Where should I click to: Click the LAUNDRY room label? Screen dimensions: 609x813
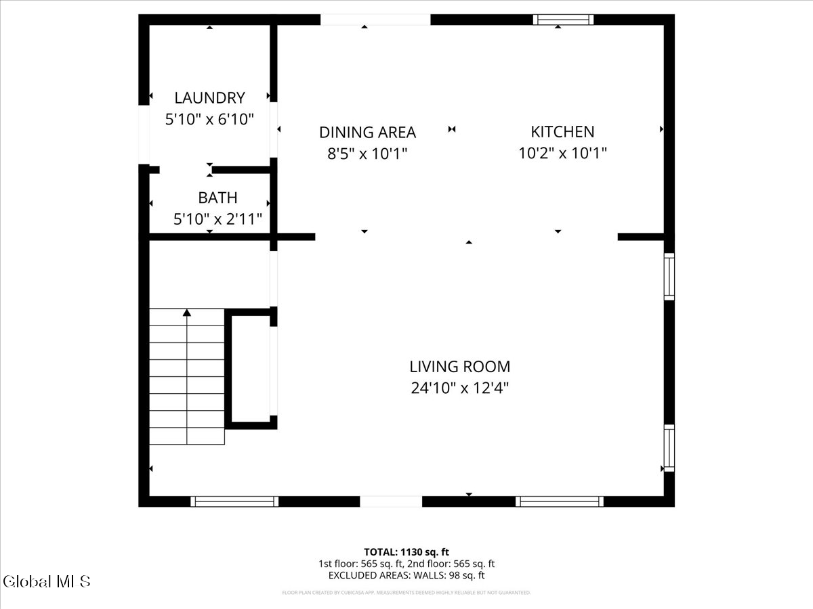[x=209, y=97]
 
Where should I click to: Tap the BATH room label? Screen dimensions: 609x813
[x=217, y=198]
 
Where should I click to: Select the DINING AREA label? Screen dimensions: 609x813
[x=367, y=132]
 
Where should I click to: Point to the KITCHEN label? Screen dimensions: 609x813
[x=562, y=131]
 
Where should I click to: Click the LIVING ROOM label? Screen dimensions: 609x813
[x=459, y=367]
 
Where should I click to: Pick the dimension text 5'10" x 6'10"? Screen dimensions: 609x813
[x=209, y=120]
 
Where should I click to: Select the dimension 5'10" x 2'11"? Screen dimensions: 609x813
[x=217, y=219]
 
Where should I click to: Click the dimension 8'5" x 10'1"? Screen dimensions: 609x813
[x=367, y=154]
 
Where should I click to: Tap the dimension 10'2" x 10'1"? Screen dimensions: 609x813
[x=562, y=153]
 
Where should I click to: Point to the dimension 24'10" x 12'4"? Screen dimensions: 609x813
[x=459, y=388]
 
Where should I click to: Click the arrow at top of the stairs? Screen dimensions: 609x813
[x=187, y=313]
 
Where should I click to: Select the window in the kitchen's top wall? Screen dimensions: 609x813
[x=563, y=20]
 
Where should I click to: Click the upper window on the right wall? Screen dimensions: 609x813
[x=669, y=276]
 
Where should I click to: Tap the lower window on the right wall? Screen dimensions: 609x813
[x=669, y=448]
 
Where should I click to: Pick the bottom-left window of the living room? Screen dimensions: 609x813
[x=234, y=501]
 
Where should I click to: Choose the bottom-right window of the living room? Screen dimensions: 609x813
[x=559, y=501]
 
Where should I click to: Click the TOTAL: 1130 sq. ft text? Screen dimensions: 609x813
[x=406, y=552]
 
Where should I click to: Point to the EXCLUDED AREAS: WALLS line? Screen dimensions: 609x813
[x=406, y=575]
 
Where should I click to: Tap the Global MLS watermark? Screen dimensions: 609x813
[x=46, y=581]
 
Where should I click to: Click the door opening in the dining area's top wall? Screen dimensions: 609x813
[x=375, y=20]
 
